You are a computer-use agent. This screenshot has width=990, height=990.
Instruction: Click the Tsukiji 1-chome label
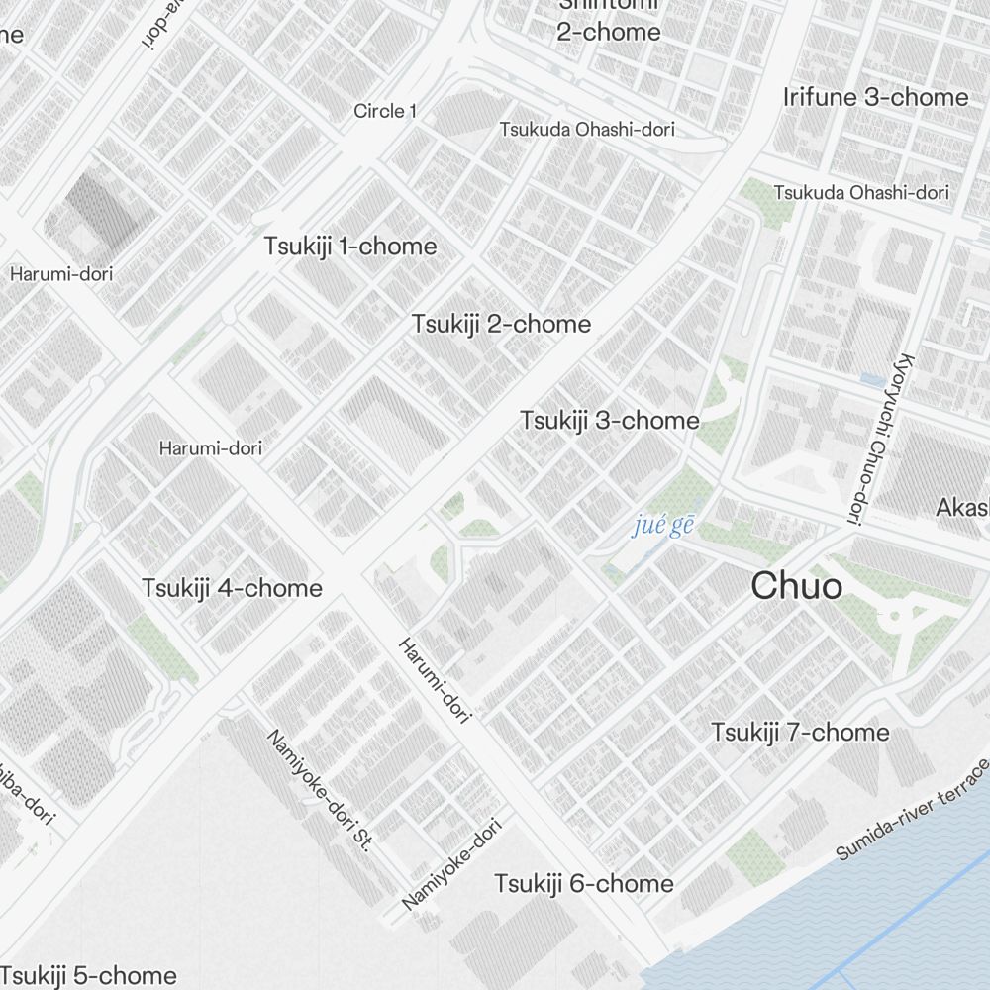(x=349, y=247)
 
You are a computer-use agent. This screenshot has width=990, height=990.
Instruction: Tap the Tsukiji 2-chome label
(x=501, y=324)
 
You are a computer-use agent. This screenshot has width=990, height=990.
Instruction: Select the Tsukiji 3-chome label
(x=610, y=421)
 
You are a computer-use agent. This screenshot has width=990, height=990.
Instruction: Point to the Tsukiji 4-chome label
(x=232, y=588)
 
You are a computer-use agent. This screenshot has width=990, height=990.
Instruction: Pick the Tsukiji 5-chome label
(x=89, y=975)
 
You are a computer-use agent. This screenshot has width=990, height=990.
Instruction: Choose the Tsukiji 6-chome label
(x=584, y=883)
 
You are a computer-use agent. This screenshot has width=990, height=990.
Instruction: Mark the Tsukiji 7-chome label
(x=800, y=733)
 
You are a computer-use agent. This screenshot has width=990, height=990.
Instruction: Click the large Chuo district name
(x=797, y=586)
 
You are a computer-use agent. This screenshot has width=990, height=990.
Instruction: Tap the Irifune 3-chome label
(x=875, y=97)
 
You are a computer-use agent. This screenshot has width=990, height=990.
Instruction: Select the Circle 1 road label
(x=385, y=111)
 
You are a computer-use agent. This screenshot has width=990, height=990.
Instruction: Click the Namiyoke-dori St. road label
(x=321, y=790)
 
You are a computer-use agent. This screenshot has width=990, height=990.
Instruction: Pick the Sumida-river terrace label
(x=913, y=810)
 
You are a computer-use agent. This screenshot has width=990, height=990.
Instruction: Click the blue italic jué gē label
(x=663, y=524)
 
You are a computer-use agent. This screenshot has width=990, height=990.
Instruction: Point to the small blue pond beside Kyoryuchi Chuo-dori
(x=872, y=379)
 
